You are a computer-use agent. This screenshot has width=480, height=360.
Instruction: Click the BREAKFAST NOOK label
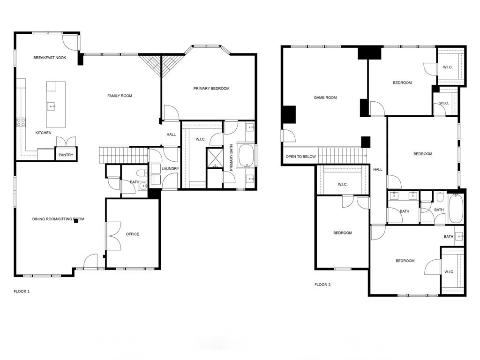(x=50, y=58)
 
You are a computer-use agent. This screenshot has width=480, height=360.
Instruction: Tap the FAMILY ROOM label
(x=120, y=96)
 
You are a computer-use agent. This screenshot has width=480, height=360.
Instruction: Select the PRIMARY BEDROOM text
(x=211, y=88)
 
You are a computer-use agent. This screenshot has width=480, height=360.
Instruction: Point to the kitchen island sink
(x=52, y=106)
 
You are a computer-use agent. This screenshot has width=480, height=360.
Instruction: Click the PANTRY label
(x=66, y=155)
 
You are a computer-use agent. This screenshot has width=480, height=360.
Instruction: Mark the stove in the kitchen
(x=22, y=122)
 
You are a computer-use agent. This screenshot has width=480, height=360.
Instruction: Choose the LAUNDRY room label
(x=171, y=168)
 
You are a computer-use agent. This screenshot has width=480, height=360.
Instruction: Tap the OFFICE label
(x=133, y=234)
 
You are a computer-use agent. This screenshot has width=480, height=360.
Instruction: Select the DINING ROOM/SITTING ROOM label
(x=58, y=219)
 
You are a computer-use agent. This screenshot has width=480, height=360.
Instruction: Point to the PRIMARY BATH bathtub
(x=247, y=156)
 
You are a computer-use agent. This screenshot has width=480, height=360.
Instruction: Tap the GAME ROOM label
(x=325, y=97)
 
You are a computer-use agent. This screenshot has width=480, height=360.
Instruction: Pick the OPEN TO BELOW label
(x=300, y=157)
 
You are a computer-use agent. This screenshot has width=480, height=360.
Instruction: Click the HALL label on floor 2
(x=378, y=170)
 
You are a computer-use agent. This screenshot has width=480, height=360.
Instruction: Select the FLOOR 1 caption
(x=22, y=291)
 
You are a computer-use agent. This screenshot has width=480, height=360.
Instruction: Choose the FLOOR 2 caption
(x=322, y=284)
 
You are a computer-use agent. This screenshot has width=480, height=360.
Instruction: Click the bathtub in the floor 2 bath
(x=456, y=209)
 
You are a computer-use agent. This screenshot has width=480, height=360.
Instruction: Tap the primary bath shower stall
(x=215, y=158)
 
